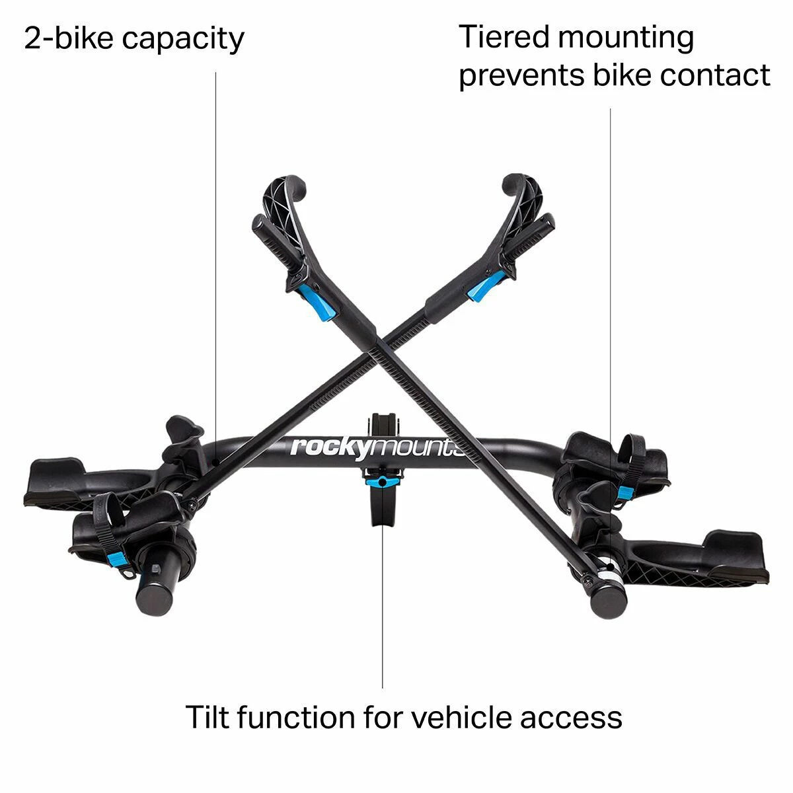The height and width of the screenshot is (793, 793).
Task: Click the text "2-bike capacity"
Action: (x=134, y=39)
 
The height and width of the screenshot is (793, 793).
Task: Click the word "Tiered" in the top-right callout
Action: (x=504, y=36)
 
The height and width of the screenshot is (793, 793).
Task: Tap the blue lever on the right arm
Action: (x=486, y=286)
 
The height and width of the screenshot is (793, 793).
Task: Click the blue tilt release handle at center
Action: (x=383, y=481)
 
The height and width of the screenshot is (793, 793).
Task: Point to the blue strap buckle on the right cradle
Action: (x=626, y=492)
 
